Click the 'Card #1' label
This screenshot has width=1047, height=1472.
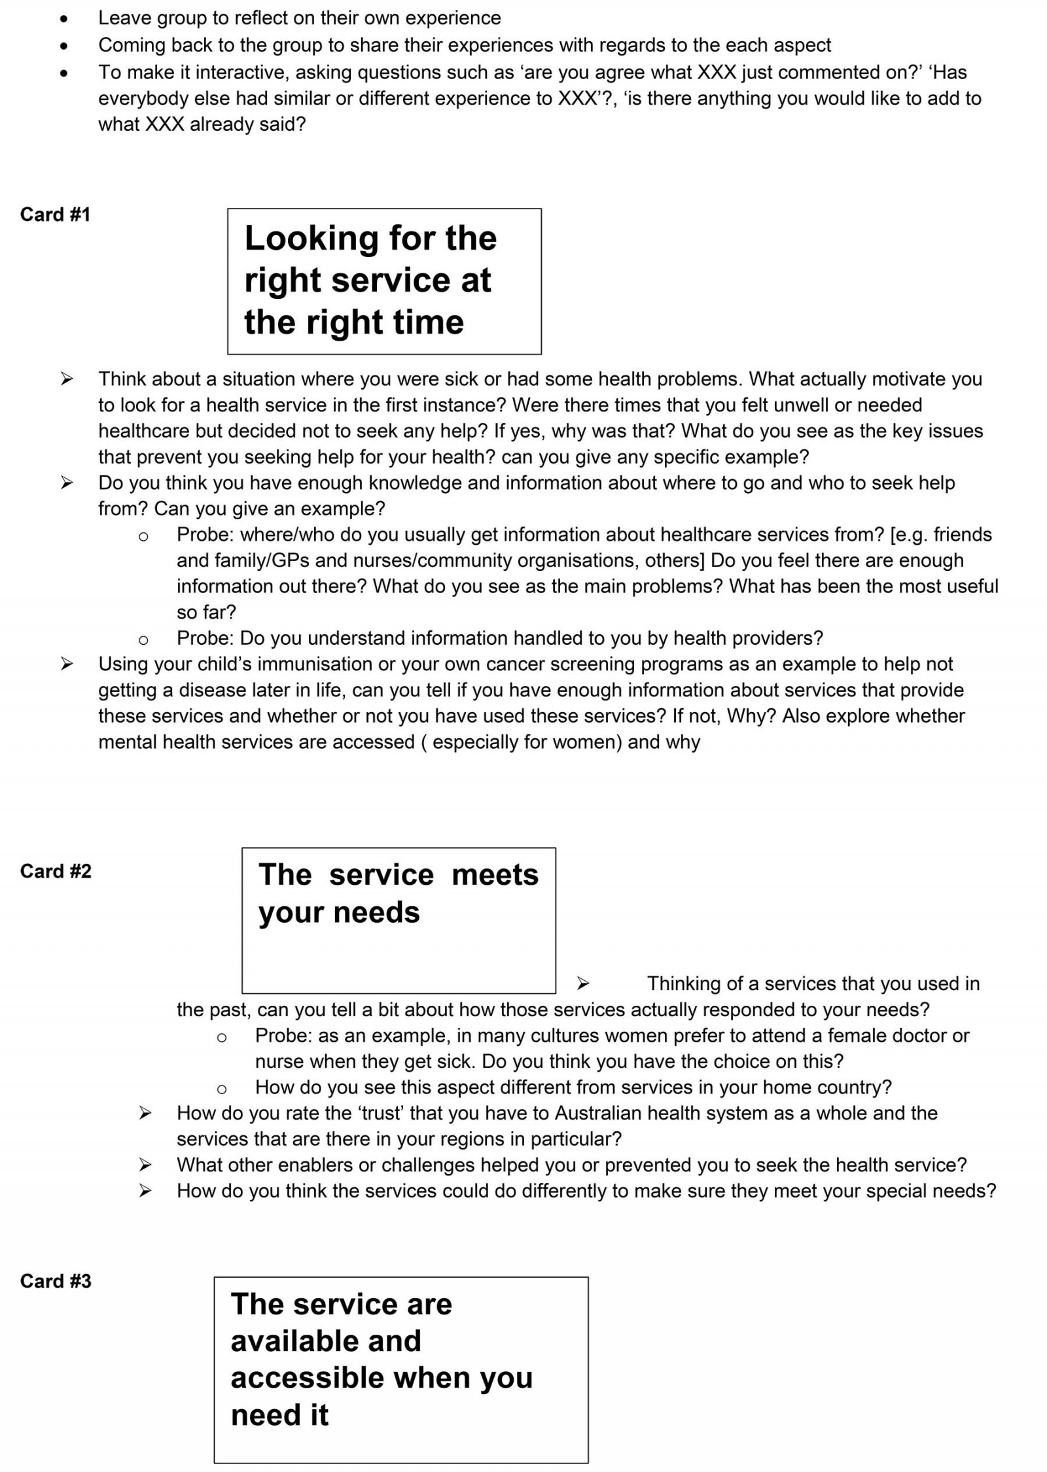[55, 214]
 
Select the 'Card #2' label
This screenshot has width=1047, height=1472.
[56, 871]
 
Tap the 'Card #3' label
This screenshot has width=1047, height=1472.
[56, 1281]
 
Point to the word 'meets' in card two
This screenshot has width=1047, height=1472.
[495, 874]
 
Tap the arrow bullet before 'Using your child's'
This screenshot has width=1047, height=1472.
[67, 664]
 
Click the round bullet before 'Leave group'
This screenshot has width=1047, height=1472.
[63, 19]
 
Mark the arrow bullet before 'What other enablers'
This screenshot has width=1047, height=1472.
[145, 1165]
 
